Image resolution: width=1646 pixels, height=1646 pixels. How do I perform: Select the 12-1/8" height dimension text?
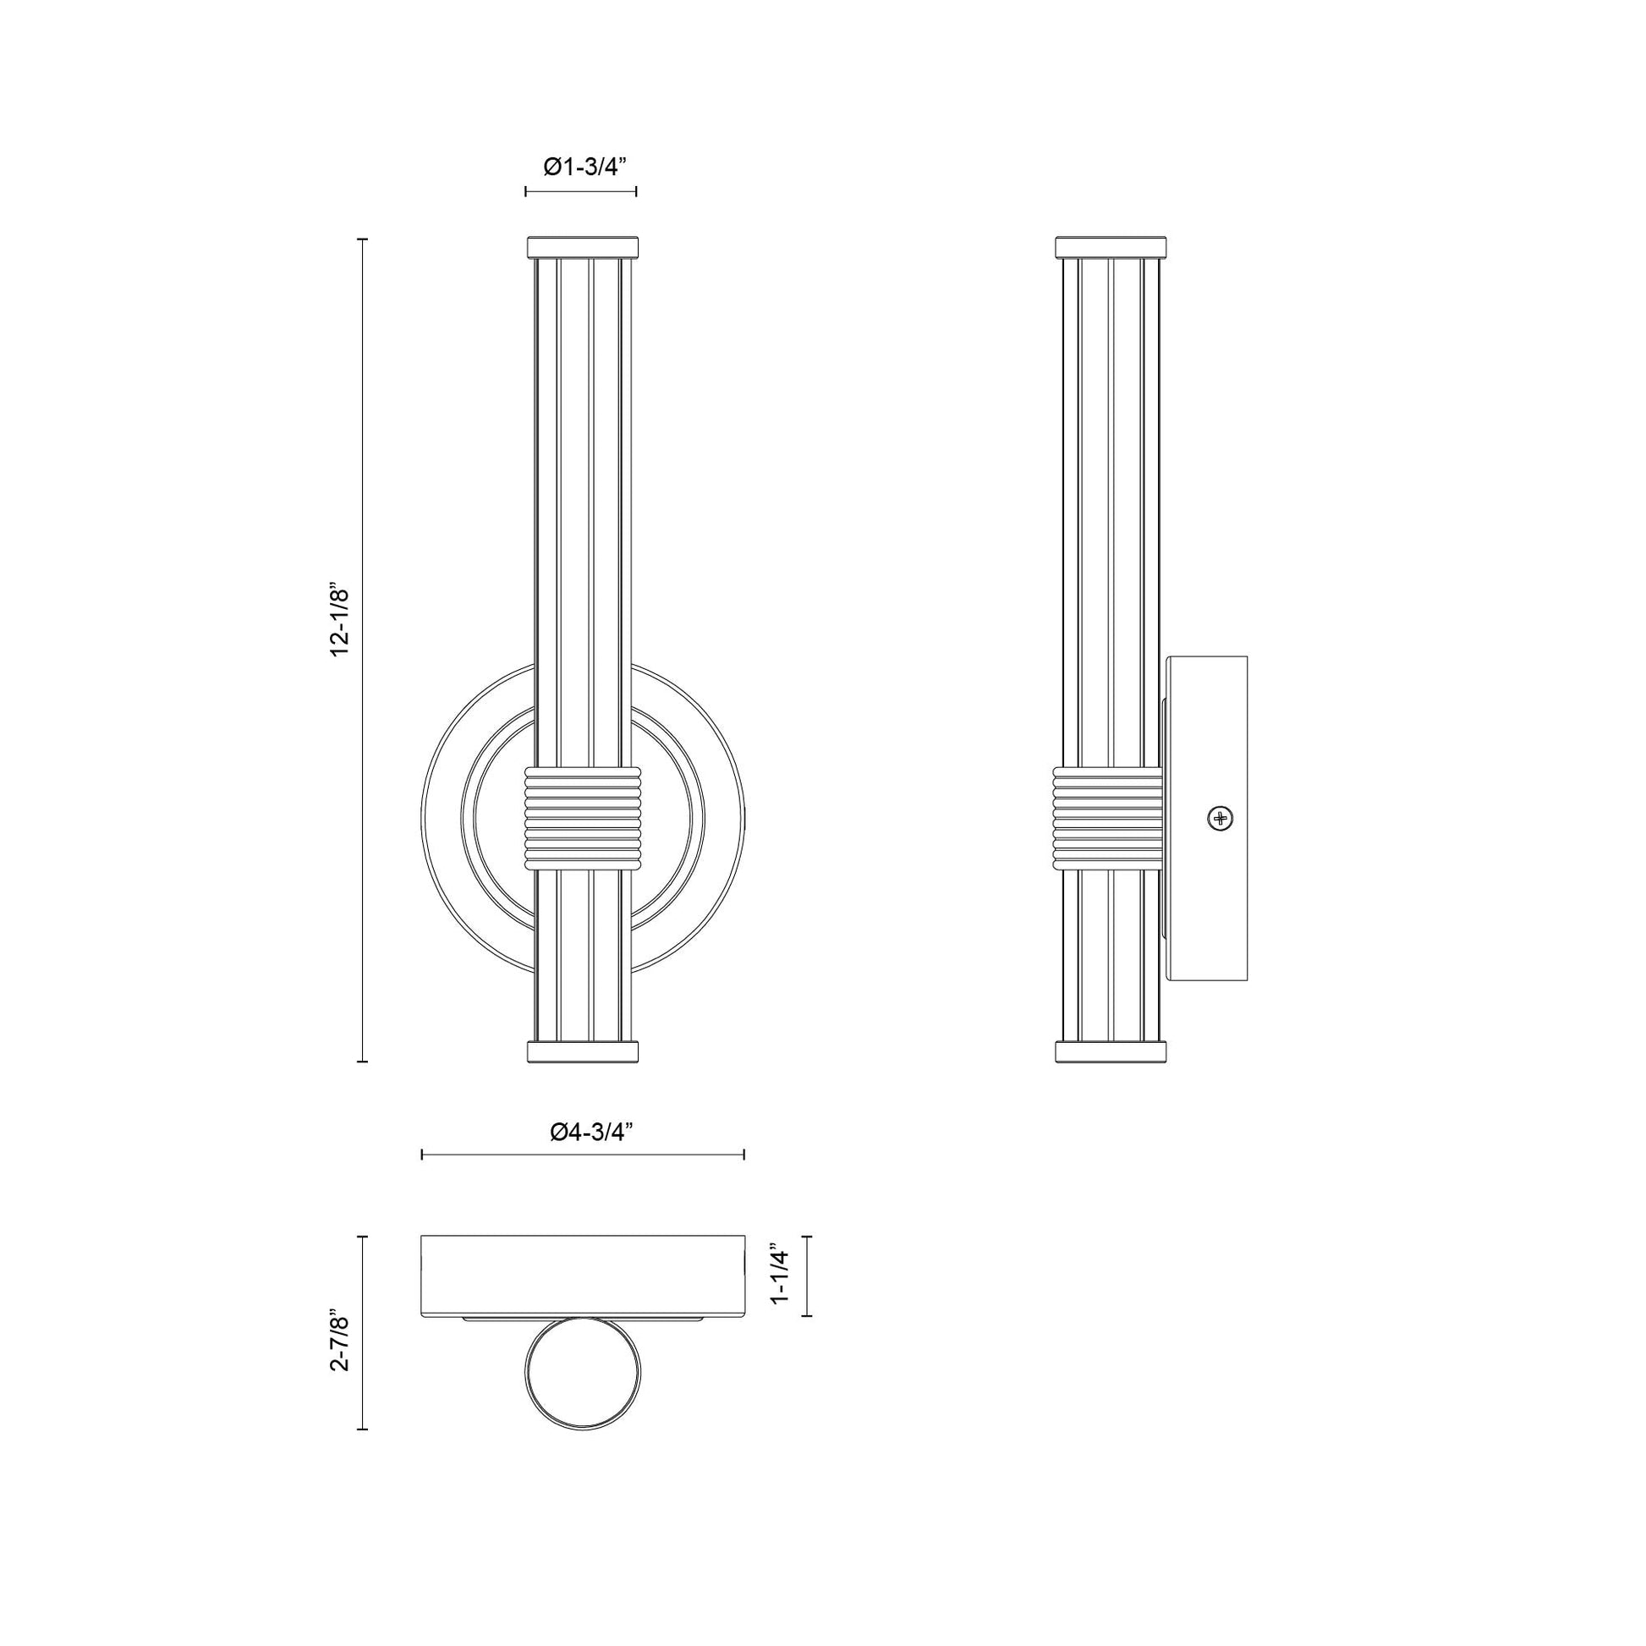341,620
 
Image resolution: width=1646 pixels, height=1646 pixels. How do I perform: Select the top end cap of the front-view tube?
582,246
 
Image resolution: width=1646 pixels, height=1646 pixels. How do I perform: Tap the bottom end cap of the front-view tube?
582,1051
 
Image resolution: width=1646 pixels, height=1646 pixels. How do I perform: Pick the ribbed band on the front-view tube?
582,819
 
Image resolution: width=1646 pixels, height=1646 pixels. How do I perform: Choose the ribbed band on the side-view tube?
1109,819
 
